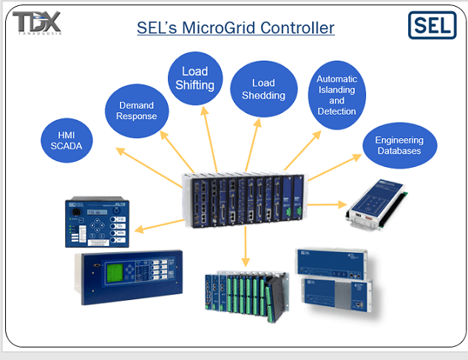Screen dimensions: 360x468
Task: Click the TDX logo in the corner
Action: click(x=37, y=22)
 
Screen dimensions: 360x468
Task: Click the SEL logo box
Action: click(x=433, y=25)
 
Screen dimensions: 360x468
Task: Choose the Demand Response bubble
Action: click(x=137, y=112)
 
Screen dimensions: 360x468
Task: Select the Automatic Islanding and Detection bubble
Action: click(x=336, y=95)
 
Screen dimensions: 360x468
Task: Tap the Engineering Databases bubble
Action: click(x=399, y=145)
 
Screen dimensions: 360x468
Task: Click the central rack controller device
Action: click(x=243, y=198)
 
